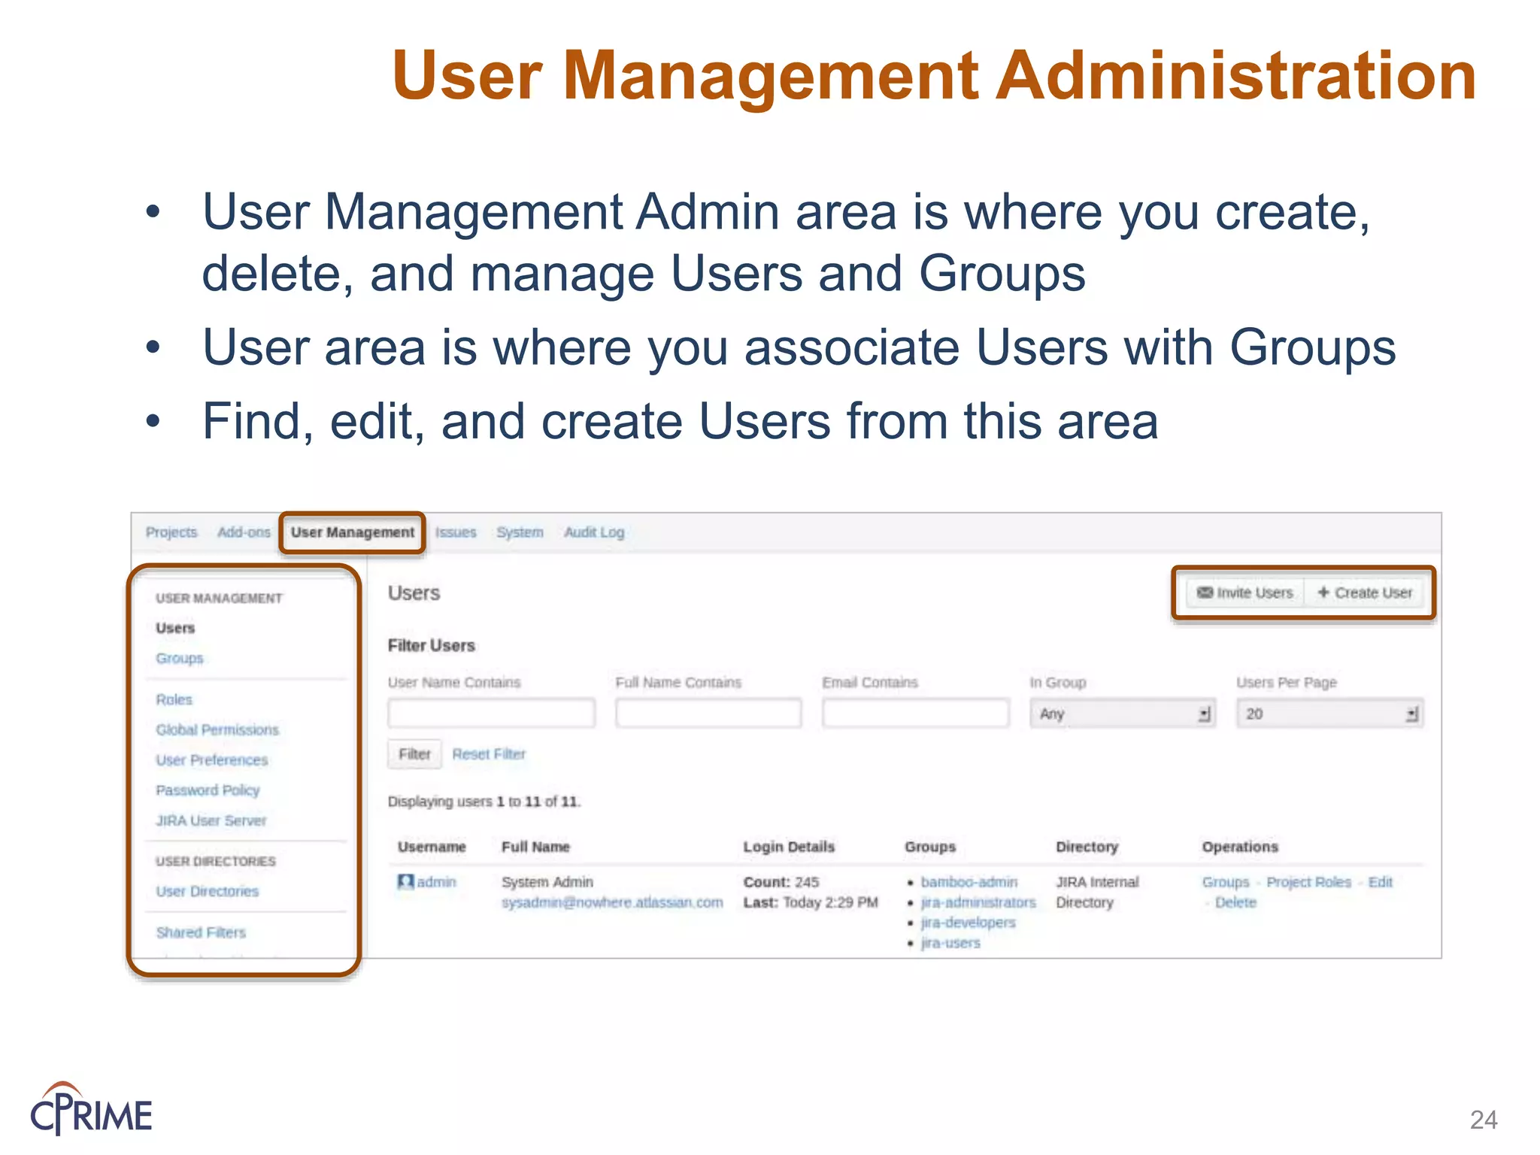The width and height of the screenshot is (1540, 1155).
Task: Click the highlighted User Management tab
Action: tap(352, 532)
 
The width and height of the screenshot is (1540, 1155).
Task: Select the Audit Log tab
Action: tap(594, 532)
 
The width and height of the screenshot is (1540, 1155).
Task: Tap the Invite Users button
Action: tap(1245, 593)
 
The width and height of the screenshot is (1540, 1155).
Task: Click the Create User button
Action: tap(1366, 593)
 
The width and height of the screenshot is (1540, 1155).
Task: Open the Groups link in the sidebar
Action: tap(180, 658)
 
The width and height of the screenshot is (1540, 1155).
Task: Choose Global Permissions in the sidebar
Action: tap(217, 729)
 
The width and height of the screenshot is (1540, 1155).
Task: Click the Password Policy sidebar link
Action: tap(208, 790)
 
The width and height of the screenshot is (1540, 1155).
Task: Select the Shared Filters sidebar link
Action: tap(201, 932)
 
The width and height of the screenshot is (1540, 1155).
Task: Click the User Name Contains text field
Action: tap(491, 713)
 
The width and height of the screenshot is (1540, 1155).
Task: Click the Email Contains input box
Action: tap(915, 713)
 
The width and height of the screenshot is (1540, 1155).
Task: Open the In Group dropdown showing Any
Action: tap(1122, 714)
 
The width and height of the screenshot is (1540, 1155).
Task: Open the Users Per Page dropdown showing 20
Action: tap(1329, 714)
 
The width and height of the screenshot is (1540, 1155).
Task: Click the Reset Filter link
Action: tap(489, 754)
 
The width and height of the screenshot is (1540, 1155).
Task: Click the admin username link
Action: tap(436, 882)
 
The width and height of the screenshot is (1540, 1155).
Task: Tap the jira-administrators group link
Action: tap(978, 902)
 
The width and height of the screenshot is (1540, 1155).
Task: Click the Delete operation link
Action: tap(1235, 902)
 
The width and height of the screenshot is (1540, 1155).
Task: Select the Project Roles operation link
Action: tap(1308, 882)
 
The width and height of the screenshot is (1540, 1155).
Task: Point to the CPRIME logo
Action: tap(91, 1109)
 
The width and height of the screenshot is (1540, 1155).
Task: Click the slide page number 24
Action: tap(1484, 1120)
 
